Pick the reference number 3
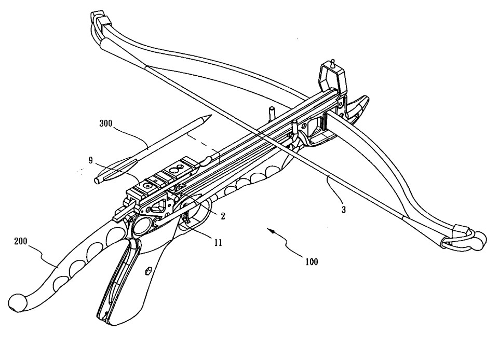pyautogui.click(x=344, y=210)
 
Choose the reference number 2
pyautogui.click(x=223, y=216)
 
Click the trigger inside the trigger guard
pyautogui.click(x=185, y=218)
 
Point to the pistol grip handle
pyautogui.click(x=122, y=290)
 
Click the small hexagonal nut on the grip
pyautogui.click(x=147, y=270)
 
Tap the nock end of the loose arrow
pyautogui.click(x=97, y=180)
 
